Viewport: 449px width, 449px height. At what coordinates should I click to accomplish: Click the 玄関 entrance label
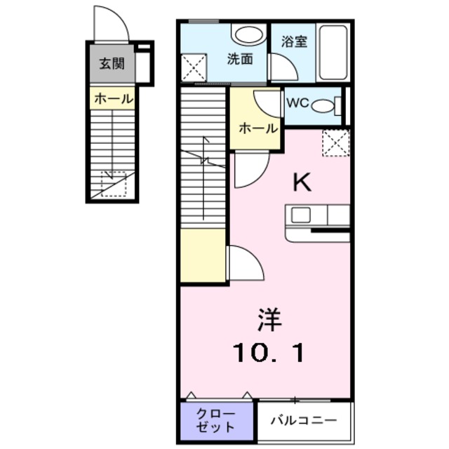tap(112, 65)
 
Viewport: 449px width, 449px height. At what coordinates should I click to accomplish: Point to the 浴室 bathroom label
tap(294, 41)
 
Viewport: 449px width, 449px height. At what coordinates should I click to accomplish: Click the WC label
tap(296, 102)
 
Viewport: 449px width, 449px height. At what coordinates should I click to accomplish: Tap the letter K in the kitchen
tap(302, 182)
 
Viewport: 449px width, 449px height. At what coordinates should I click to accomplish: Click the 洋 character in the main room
tap(269, 321)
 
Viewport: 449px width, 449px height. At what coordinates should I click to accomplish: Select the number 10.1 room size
tap(269, 351)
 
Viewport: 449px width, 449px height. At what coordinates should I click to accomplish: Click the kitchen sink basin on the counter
tap(301, 215)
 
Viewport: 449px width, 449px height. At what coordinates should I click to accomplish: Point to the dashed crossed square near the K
tap(335, 143)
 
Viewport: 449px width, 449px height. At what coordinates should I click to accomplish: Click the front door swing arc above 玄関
tap(112, 25)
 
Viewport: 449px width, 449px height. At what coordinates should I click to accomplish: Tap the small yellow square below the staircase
tap(203, 255)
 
